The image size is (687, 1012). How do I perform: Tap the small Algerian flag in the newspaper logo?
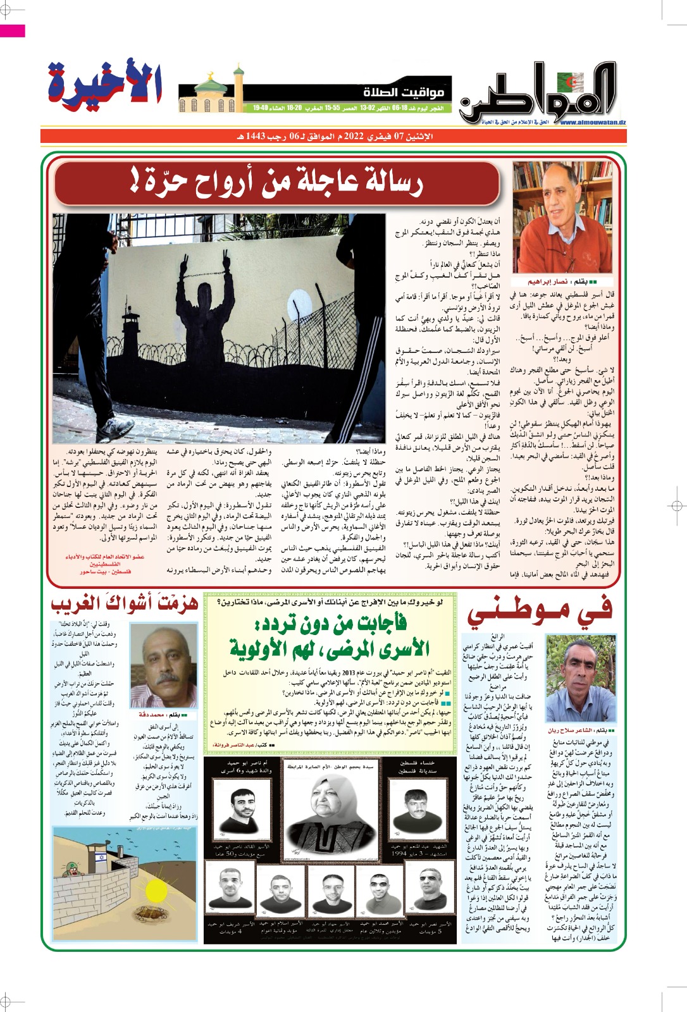572,81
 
